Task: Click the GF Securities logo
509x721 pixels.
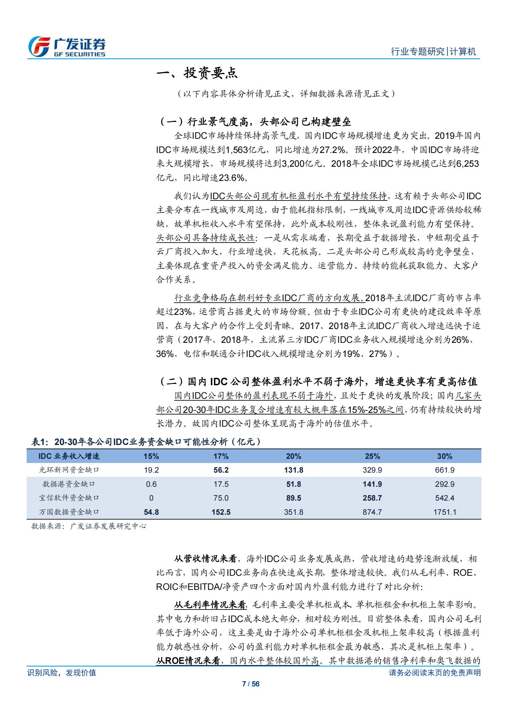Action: tap(67, 47)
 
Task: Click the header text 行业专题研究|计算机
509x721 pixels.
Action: tap(433, 51)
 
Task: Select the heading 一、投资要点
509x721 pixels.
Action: tap(197, 73)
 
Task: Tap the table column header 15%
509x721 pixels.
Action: tap(151, 456)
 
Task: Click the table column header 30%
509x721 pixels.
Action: tap(444, 456)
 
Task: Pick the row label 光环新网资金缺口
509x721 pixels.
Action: tap(69, 470)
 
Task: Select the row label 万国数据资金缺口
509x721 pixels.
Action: tap(69, 512)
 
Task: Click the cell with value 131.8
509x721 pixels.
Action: tap(293, 470)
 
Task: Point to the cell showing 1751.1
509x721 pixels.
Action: tap(444, 512)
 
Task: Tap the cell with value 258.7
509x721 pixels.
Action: tap(372, 498)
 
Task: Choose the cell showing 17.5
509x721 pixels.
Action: tap(221, 484)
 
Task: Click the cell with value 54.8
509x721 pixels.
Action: tap(151, 512)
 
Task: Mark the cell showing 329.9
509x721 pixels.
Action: tap(372, 470)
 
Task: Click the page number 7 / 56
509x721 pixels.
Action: tap(251, 684)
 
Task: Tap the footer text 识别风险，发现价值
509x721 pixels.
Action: tap(62, 672)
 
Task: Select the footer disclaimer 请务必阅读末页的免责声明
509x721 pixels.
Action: tap(435, 672)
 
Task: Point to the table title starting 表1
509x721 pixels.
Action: tap(146, 442)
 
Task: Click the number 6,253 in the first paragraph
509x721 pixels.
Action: tap(467, 164)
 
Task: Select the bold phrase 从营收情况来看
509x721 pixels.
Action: tap(205, 559)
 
